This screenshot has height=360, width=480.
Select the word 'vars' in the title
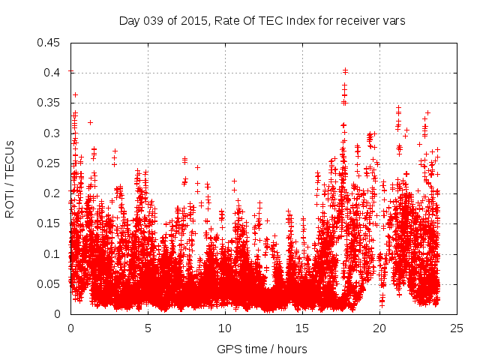394,21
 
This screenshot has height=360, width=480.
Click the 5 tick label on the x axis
148,328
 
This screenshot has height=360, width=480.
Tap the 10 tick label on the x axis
225,328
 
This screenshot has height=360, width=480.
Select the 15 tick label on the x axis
302,328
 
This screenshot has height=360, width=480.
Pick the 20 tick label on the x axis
380,328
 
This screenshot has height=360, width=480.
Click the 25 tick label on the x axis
457,328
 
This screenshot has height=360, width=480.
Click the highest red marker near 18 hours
345,70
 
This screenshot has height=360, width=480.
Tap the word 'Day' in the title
129,21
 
